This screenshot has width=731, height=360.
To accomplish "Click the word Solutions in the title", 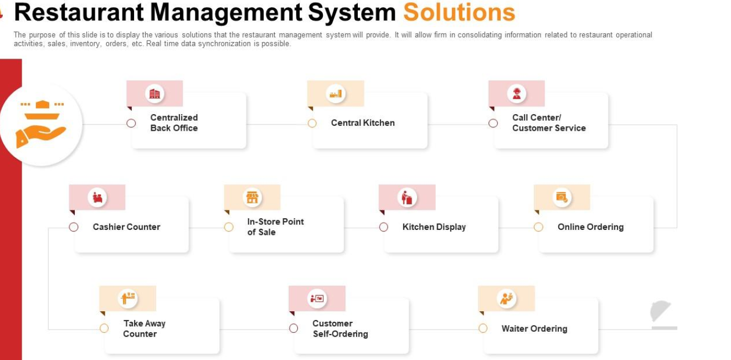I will [459, 13].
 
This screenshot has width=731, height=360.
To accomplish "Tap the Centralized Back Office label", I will [174, 122].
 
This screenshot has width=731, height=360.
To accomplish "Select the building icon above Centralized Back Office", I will [155, 94].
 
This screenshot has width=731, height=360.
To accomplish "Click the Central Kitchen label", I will [363, 123].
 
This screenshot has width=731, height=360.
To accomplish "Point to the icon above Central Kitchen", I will [336, 94].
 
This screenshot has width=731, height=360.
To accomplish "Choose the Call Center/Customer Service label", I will [548, 122].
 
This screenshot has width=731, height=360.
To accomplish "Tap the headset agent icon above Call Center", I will [517, 94].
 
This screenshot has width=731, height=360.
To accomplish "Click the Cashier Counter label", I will [126, 227].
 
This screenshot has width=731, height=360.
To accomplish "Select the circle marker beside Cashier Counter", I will [74, 227].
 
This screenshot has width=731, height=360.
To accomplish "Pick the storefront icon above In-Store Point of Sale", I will [253, 197].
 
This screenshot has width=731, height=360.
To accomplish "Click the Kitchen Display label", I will [434, 227].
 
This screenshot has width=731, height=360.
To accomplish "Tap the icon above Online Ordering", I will [562, 197].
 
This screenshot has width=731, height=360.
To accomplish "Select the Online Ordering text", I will [590, 227].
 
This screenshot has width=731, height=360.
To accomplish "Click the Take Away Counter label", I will [144, 328].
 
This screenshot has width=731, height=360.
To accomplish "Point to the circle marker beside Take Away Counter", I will [104, 328].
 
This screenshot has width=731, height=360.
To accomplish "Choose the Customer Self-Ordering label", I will [340, 328].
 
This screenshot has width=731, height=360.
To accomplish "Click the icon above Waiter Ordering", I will [506, 299].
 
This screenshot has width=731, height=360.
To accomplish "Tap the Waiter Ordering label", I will [534, 328].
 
